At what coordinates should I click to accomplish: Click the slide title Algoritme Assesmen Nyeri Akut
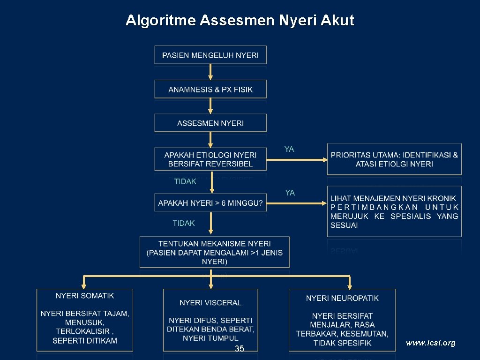point(240,21)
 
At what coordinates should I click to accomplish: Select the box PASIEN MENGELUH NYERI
point(210,55)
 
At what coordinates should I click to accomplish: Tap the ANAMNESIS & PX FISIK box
point(210,89)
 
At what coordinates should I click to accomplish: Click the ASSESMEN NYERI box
point(210,123)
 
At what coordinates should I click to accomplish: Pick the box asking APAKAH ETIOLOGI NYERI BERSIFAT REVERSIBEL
point(210,159)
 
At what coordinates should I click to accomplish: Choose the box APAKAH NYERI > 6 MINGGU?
point(210,202)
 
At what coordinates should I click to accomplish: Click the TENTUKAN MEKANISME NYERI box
point(214,252)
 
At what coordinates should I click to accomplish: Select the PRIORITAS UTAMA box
point(394,159)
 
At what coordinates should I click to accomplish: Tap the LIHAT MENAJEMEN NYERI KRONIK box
point(394,211)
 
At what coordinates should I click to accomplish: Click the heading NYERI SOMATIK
point(85,296)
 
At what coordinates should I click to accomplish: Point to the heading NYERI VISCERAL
point(210,303)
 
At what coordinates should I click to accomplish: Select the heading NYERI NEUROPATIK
point(342,298)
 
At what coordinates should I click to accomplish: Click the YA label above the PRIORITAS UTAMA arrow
point(289,149)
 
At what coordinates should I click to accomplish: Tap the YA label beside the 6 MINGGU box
point(290,193)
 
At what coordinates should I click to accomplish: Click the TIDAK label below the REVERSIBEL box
point(185,181)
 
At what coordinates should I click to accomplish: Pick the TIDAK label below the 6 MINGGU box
point(184,223)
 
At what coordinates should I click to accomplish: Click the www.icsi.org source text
point(430,343)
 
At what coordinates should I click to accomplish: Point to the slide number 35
point(240,348)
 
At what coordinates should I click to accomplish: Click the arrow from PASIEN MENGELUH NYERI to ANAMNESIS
point(210,72)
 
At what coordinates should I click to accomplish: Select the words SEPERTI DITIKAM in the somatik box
point(85,341)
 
